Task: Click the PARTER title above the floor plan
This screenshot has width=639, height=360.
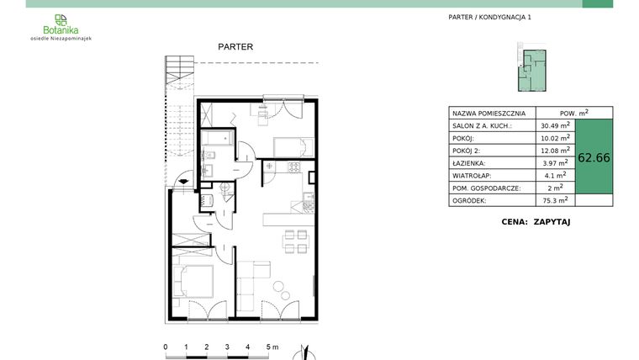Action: click(x=235, y=47)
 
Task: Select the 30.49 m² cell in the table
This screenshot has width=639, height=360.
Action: click(x=555, y=125)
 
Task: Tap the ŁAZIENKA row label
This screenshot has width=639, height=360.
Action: click(x=469, y=162)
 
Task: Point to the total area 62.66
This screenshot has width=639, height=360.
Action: click(x=594, y=156)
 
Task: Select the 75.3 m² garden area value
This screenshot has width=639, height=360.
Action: click(x=555, y=200)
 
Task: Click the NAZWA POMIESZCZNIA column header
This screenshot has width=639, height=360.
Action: click(x=488, y=112)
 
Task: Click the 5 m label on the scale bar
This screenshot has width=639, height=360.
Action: click(x=271, y=347)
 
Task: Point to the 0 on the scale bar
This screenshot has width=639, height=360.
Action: click(x=166, y=347)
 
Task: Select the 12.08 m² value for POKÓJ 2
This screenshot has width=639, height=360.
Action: click(x=555, y=150)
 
